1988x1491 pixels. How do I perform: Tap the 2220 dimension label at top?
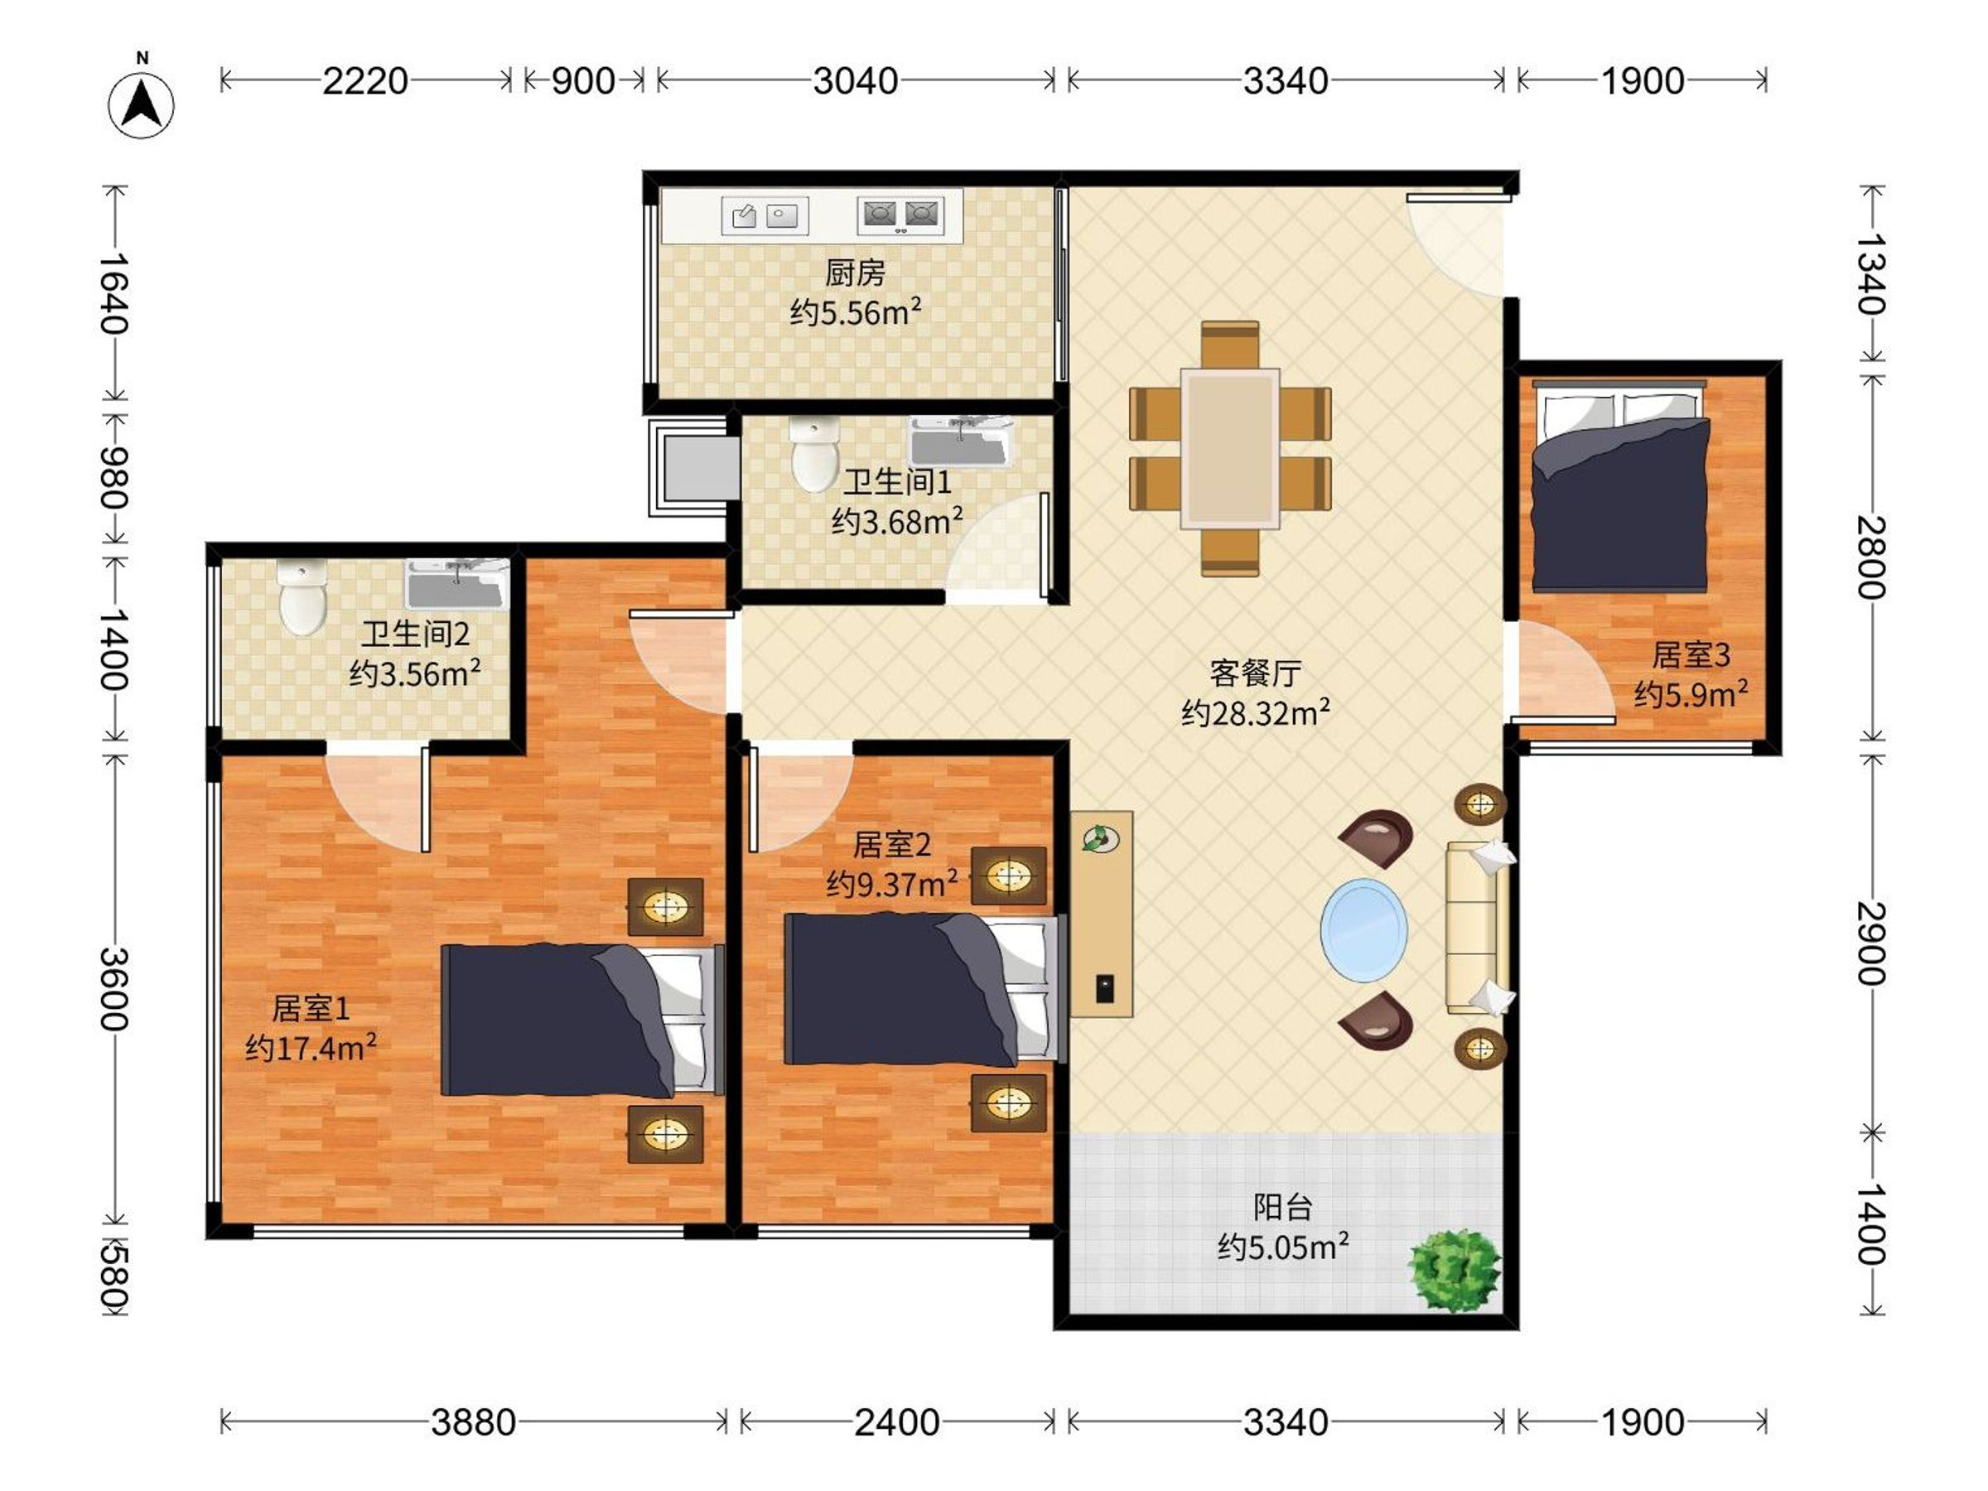[366, 82]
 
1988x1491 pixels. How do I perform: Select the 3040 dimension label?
[856, 82]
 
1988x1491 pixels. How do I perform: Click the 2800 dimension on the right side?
[1872, 557]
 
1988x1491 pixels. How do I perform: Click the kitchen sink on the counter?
[765, 215]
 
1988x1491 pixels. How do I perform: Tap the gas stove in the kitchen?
[900, 215]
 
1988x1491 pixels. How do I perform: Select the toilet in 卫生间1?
[814, 454]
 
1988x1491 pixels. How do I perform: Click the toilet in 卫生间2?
[302, 598]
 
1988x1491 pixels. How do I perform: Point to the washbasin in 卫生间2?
[457, 584]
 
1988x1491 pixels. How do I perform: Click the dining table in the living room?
[1230, 448]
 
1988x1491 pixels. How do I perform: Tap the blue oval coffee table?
[1364, 930]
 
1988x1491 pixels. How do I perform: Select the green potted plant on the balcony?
[1453, 1271]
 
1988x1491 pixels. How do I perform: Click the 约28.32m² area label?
[1256, 713]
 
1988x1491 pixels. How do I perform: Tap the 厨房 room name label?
[855, 273]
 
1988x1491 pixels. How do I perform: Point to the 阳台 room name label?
[1282, 1207]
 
